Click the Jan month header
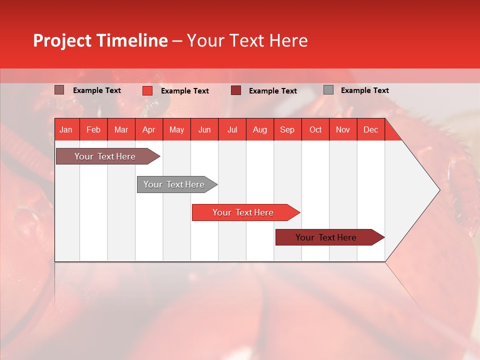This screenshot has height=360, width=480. [x=66, y=130]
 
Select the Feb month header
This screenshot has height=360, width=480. [x=93, y=130]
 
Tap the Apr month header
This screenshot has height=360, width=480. [x=148, y=130]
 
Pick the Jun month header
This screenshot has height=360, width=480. [x=204, y=130]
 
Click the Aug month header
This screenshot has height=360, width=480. [x=259, y=130]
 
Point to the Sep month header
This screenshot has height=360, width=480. [x=287, y=130]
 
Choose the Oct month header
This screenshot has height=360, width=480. [x=315, y=130]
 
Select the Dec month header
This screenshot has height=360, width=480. [x=370, y=130]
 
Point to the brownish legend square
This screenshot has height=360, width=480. [x=59, y=90]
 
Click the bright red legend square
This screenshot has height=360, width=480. [x=147, y=90]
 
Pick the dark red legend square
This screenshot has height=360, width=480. [x=236, y=90]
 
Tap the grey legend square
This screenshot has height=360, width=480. [x=328, y=90]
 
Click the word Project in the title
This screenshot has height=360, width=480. [x=62, y=40]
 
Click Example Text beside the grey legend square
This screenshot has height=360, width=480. [x=364, y=90]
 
